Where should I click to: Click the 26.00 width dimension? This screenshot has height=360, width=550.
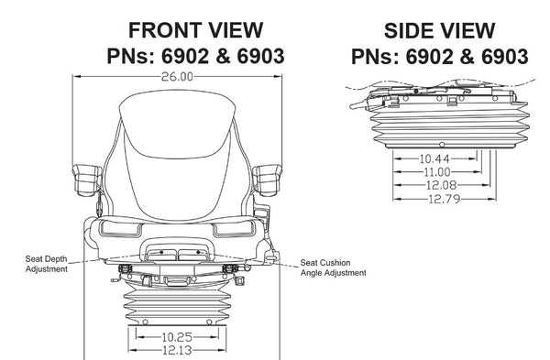(177, 77)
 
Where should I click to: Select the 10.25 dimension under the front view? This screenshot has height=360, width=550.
(177, 337)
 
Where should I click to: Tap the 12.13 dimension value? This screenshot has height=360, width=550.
(177, 350)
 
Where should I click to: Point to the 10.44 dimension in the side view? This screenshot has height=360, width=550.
(434, 158)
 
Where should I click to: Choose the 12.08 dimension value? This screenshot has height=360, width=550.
(441, 185)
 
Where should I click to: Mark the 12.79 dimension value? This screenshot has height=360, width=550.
(444, 199)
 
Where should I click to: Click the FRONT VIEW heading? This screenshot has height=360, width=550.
(196, 30)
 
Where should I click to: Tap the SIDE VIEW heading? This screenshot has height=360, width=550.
(439, 31)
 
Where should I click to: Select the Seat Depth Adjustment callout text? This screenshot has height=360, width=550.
(47, 264)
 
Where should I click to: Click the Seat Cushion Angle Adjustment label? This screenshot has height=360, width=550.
(334, 267)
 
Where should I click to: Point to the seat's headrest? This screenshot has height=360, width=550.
(176, 125)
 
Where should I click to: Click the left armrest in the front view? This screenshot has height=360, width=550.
(87, 180)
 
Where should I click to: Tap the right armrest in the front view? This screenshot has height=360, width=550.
(268, 180)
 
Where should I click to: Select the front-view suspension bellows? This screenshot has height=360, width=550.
(178, 302)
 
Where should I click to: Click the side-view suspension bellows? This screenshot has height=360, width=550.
(450, 127)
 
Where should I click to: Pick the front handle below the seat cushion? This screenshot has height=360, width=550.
(178, 249)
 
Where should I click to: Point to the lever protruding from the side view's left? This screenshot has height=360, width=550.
(358, 104)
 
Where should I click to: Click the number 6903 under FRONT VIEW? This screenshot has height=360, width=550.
(260, 56)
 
